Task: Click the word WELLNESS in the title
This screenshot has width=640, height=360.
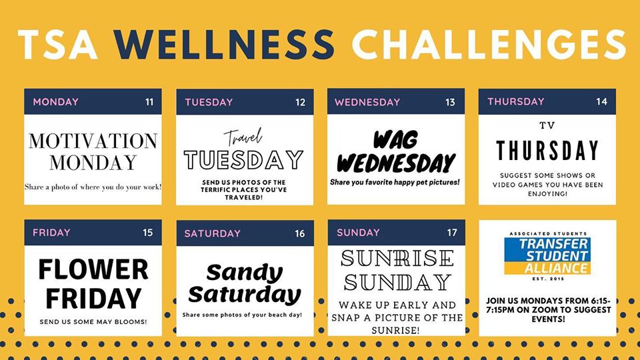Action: point(224,44)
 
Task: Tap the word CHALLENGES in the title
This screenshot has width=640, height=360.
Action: point(489,44)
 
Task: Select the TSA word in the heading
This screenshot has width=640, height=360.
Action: point(58,44)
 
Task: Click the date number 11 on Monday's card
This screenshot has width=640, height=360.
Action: point(149,102)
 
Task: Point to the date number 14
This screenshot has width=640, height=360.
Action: point(601,101)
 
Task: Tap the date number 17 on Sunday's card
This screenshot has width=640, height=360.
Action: point(452,233)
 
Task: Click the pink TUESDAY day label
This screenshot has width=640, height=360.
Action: point(209,102)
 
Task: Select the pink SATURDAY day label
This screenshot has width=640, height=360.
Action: point(212,233)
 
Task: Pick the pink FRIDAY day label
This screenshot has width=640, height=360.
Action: point(51,233)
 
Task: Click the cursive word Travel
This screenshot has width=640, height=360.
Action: point(243,137)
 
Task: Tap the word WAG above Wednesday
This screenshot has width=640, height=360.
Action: point(395,140)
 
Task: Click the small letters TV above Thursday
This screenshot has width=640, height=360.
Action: point(547,126)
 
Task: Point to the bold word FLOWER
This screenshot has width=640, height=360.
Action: point(93,269)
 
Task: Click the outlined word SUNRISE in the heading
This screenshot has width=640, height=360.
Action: point(397,258)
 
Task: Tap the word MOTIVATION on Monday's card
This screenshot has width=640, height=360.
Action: point(93,141)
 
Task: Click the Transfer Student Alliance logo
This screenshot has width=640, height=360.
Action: point(547,256)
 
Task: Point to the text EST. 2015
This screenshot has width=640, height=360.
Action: point(548,279)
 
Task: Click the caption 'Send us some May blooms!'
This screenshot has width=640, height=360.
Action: point(93,322)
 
